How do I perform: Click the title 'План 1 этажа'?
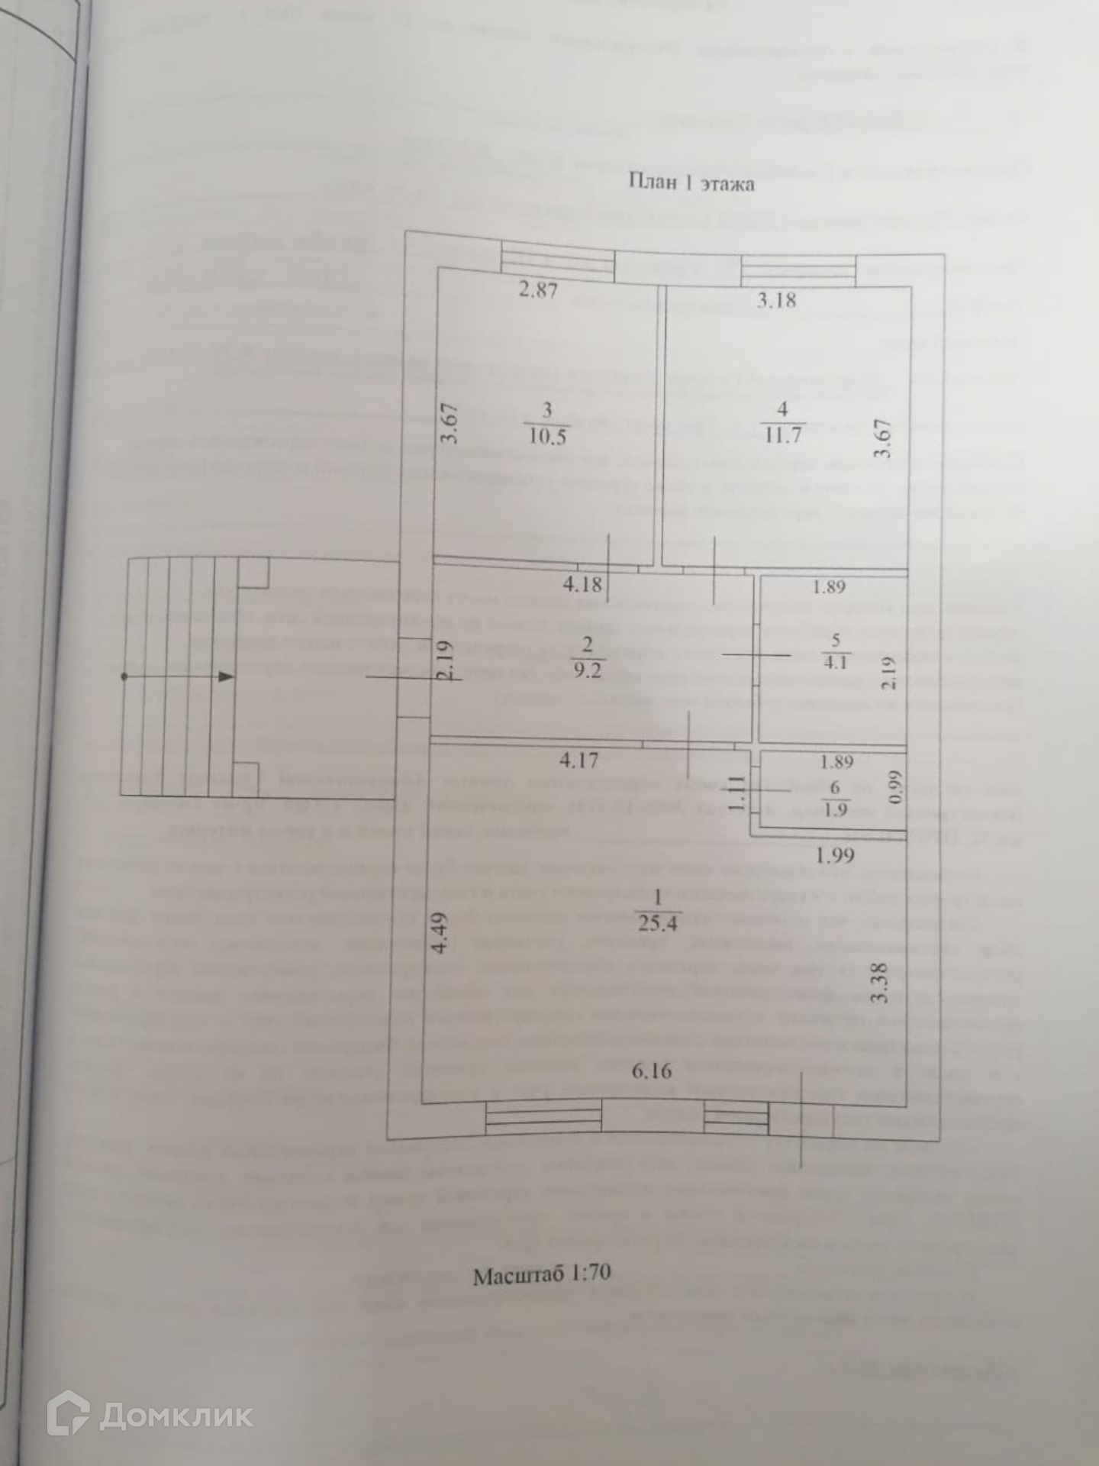point(691,183)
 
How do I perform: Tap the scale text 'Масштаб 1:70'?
point(541,1275)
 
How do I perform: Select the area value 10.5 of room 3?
point(547,437)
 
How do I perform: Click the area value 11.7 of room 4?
point(782,435)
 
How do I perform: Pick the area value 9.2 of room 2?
point(588,671)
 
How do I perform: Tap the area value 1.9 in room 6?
point(836,809)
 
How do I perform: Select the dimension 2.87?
point(538,290)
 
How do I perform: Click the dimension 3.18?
point(776,300)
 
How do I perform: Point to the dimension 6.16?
point(652,1071)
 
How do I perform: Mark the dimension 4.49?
point(440,933)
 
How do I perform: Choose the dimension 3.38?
point(880,983)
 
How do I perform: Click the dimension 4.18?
point(582,585)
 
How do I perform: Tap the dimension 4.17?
point(579,760)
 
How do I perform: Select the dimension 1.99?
point(835,856)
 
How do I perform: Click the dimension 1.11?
point(735,792)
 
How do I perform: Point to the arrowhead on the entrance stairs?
point(226,676)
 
